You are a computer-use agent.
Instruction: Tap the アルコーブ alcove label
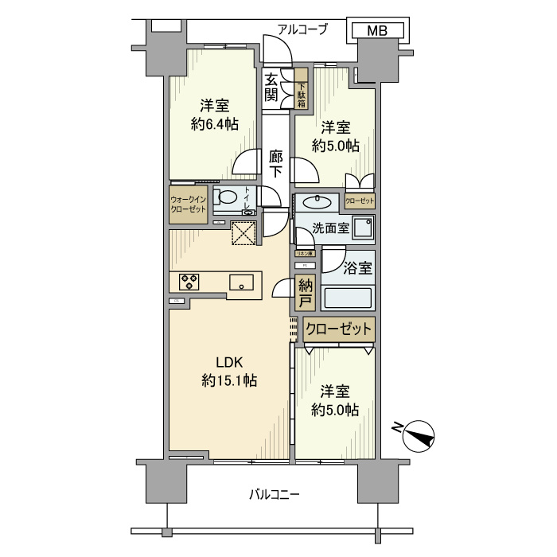pos(302,29)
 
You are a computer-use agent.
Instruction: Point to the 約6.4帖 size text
pos(214,124)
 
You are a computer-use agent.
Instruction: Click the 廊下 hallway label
pos(275,163)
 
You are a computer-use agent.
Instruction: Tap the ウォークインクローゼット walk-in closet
pos(188,204)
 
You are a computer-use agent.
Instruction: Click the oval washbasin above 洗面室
pos(318,200)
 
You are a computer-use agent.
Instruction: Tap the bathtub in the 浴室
pos(347,297)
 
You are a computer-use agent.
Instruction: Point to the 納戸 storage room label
pos(305,292)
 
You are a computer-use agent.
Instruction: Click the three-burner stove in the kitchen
pos(189,281)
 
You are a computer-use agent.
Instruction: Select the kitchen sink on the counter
pos(242,282)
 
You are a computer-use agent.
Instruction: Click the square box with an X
pos(242,233)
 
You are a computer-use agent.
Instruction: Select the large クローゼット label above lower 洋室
pos(337,327)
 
